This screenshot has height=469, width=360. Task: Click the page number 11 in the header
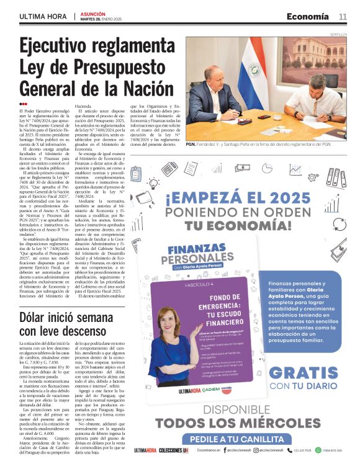pos(343,16)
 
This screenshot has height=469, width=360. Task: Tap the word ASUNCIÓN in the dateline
pos(93,13)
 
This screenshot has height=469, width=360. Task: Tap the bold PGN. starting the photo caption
pos(191,144)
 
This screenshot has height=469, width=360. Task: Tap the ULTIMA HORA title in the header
pos(42,16)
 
